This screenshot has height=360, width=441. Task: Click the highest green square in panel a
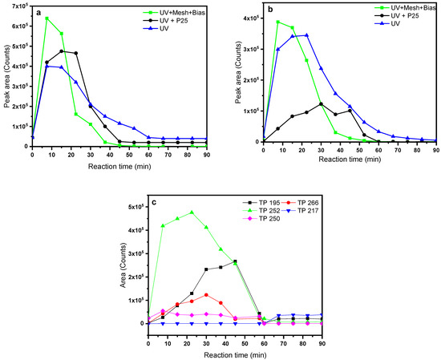[x=47, y=18]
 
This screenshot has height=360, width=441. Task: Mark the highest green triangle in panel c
[x=192, y=212]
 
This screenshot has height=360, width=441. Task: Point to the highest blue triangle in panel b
[x=306, y=35]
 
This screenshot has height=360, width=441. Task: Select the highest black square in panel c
[x=235, y=261]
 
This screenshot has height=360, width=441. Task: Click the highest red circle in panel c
[x=206, y=295]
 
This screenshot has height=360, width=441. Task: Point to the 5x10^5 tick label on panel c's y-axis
[x=131, y=208]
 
